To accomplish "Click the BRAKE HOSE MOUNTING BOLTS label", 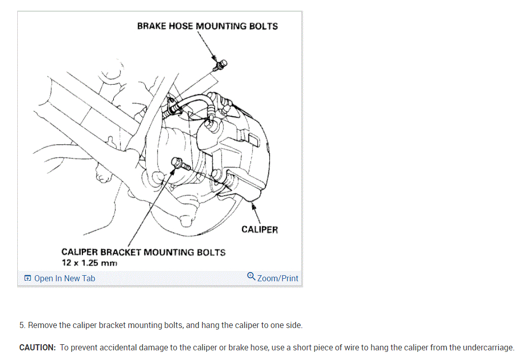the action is (207, 26).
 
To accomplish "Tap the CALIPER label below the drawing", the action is (260, 230).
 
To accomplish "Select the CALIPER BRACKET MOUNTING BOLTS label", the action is (143, 252).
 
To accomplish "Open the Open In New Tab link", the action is (65, 278).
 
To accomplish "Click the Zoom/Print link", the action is (277, 278).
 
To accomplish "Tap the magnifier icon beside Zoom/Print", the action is (251, 276).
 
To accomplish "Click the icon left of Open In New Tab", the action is (27, 278).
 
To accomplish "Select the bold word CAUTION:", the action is (38, 348).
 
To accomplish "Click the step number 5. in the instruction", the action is (22, 325).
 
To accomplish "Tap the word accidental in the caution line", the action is (116, 348).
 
